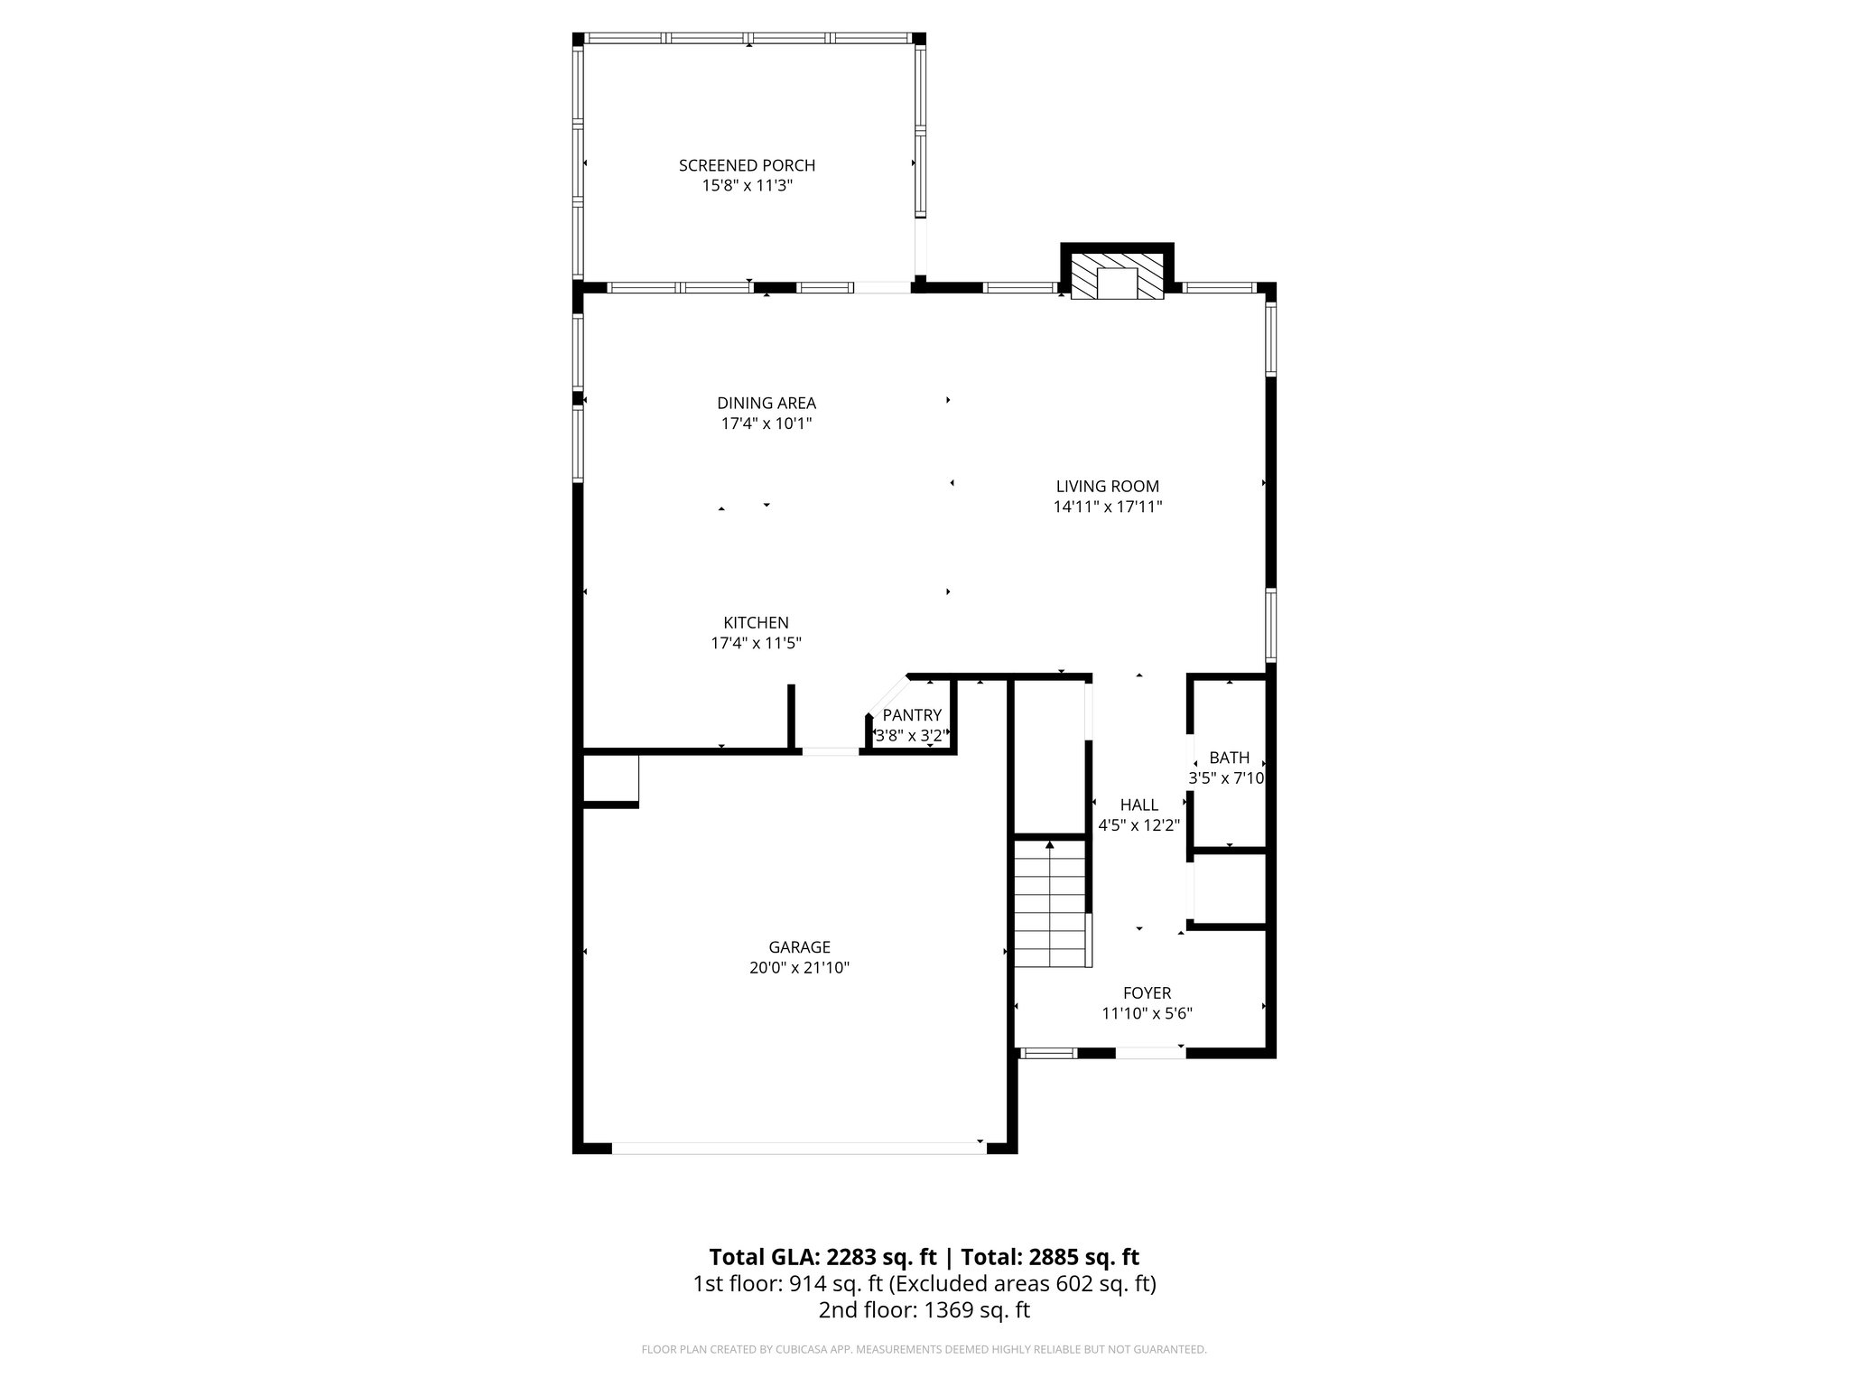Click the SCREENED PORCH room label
[747, 165]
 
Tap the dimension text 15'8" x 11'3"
[747, 186]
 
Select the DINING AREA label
[767, 403]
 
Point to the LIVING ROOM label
[1108, 486]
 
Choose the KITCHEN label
[756, 622]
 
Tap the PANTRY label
[912, 715]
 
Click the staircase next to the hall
[1049, 903]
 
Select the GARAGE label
[799, 947]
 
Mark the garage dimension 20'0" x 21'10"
[799, 968]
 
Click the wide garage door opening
[798, 1148]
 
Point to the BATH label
[1229, 758]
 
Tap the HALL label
[1138, 805]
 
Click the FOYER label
[1147, 993]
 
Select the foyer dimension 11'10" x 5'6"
[1147, 1014]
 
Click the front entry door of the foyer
[1150, 1052]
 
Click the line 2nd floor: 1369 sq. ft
[924, 1310]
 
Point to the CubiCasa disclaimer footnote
[924, 1350]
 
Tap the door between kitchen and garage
[831, 750]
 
